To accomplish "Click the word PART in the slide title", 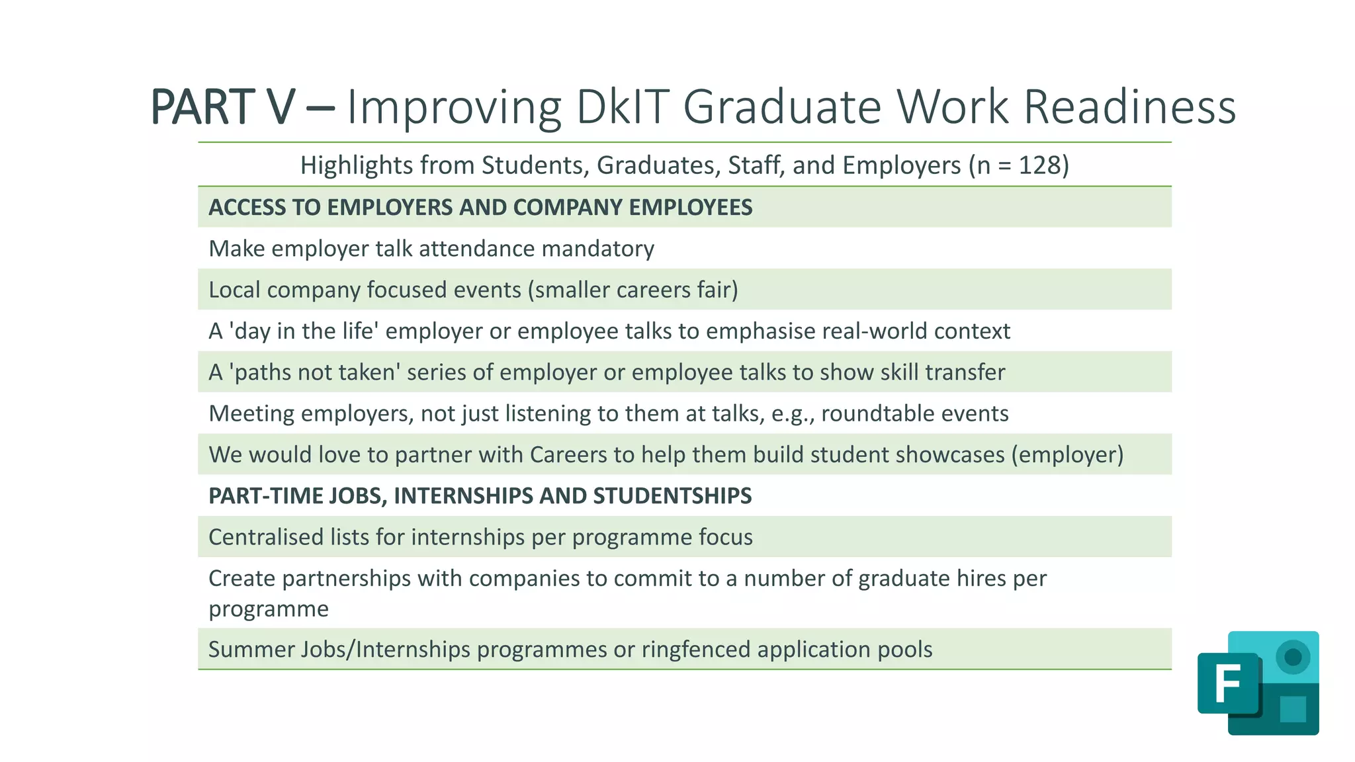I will click(202, 106).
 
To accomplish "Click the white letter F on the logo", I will click(1227, 684).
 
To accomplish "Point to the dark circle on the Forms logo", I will click(1293, 657).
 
